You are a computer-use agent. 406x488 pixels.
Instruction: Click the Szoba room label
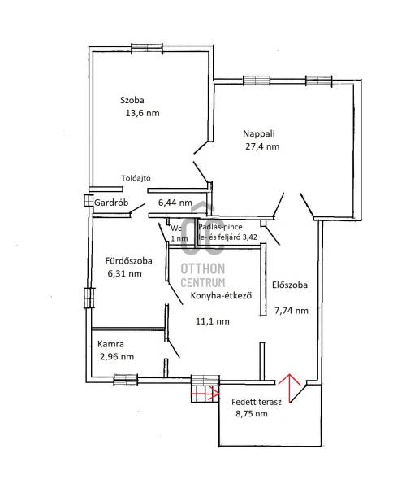(132, 100)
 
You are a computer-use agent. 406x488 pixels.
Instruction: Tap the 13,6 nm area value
(142, 113)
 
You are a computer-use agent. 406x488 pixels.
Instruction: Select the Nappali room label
(259, 134)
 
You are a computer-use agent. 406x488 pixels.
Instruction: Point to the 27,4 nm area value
(262, 146)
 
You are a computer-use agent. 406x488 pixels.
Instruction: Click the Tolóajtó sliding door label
(136, 178)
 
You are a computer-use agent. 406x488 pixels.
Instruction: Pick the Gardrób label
(111, 203)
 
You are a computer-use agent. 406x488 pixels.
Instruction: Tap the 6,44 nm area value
(175, 203)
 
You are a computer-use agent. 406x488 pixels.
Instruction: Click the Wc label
(176, 228)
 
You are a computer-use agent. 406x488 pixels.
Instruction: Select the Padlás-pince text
(220, 227)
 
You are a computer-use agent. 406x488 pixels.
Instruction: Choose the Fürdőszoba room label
(128, 260)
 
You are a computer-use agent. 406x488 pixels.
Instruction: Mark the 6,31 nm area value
(124, 273)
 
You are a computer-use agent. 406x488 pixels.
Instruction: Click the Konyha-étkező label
(221, 295)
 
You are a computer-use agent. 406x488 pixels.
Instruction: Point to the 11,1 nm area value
(213, 321)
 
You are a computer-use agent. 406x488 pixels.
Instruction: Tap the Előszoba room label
(290, 285)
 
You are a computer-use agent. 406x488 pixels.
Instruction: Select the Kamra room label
(110, 344)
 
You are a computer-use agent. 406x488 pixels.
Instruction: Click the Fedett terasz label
(257, 402)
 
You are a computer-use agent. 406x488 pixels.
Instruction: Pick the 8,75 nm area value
(252, 414)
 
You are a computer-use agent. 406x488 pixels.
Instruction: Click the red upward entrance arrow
(290, 388)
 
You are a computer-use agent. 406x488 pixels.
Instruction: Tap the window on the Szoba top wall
(147, 48)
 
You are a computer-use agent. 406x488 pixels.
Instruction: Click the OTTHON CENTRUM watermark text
(203, 275)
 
